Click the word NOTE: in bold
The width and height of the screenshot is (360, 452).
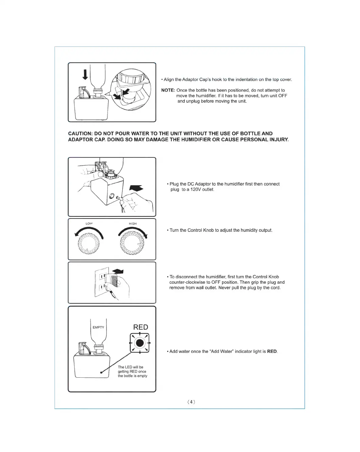click(x=168, y=90)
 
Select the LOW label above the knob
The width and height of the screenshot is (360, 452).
click(x=89, y=224)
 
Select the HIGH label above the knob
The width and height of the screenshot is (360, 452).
click(x=133, y=224)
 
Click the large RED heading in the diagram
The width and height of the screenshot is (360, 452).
click(x=140, y=327)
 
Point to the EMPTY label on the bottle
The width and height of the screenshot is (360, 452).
click(x=98, y=327)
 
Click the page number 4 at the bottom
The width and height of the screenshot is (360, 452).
click(x=191, y=402)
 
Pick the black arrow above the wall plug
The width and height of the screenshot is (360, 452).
click(x=117, y=271)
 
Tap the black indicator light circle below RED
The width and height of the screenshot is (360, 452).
click(x=140, y=343)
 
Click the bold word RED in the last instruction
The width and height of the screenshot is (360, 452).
click(x=272, y=352)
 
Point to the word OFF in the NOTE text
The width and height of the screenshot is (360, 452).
click(x=283, y=96)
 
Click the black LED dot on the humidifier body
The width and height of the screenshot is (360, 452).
click(x=101, y=373)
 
